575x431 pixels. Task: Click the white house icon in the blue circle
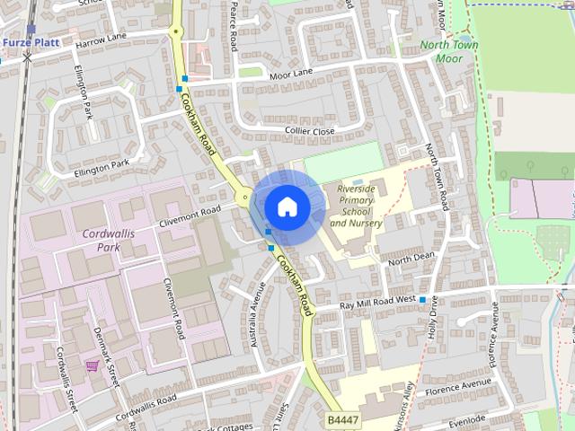point(286,207)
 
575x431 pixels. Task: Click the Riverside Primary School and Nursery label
point(356,206)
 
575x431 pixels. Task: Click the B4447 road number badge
point(341,419)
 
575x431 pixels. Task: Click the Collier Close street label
point(309,131)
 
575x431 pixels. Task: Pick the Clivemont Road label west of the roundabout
point(189,213)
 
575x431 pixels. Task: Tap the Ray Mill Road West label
point(377,303)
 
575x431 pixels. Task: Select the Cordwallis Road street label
point(142,400)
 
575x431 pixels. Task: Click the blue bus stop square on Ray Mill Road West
point(422,299)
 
